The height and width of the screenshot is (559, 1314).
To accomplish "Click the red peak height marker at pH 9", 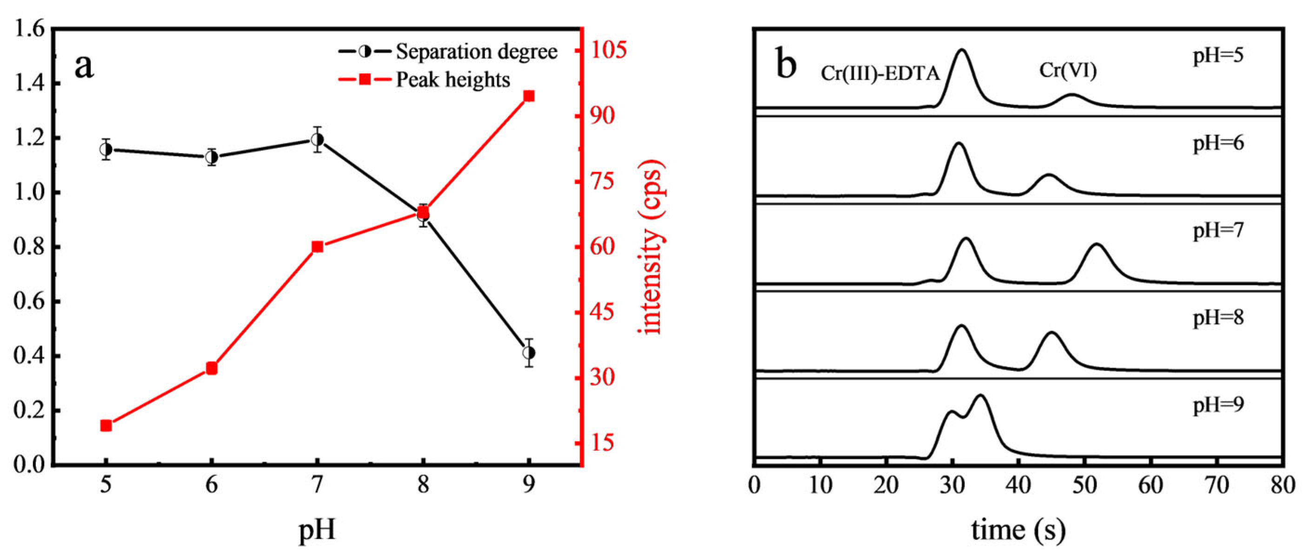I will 529,96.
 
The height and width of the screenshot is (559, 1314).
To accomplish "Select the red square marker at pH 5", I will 106,425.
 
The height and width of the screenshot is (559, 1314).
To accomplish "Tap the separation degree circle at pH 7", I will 317,139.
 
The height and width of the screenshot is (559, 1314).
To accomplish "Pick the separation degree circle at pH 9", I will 529,352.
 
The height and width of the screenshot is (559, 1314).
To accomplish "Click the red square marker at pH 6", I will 211,368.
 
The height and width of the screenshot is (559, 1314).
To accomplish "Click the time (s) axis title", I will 1018,530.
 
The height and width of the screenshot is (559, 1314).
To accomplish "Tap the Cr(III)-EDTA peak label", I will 880,74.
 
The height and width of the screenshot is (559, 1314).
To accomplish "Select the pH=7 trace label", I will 1218,231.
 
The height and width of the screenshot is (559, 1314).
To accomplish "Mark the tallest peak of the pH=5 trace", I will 962,51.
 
